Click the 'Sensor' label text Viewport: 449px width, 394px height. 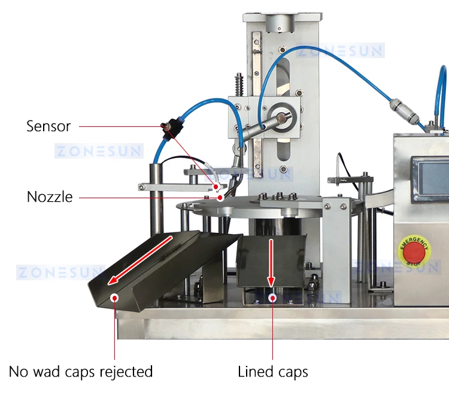48,126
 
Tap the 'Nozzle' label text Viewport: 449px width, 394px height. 50,197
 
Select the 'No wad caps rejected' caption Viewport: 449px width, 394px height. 81,372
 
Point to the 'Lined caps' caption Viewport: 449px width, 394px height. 273,372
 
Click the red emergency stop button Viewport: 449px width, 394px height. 414,253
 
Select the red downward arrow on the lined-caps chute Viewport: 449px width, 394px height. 271,263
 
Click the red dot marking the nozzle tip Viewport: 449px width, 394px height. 220,198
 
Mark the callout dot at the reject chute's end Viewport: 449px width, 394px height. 114,298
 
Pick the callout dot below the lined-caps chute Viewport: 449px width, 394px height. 272,298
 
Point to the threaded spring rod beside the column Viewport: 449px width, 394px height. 239,85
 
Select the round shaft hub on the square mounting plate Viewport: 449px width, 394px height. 281,118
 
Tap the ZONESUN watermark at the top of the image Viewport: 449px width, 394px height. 340,51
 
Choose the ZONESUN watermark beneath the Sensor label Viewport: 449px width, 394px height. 99,151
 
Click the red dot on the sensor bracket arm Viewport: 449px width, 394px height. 217,187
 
